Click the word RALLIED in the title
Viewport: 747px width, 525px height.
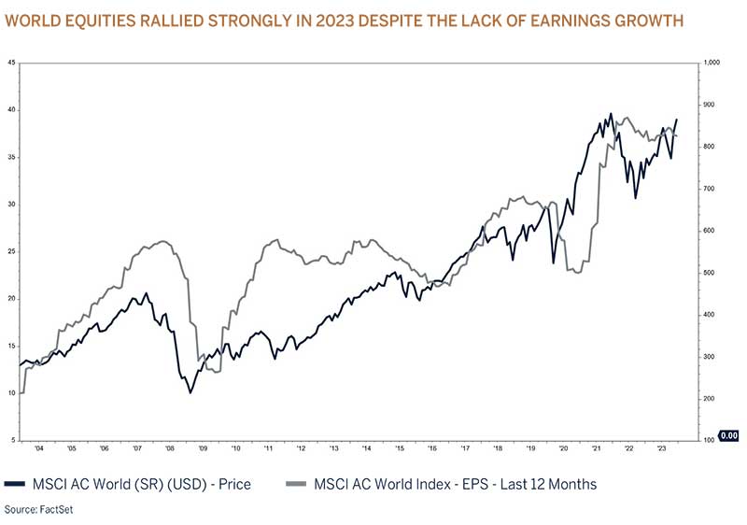coord(192,20)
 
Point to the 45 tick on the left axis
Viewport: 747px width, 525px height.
coord(10,63)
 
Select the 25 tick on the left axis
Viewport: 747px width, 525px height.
coord(10,251)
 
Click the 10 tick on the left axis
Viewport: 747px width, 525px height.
coord(10,393)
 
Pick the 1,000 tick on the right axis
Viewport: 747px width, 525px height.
coord(712,63)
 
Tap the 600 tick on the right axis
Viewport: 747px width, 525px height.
coord(710,231)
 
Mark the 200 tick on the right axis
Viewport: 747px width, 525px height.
coord(710,399)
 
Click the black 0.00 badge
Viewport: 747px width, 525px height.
coord(729,435)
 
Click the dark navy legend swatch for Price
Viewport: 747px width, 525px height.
coord(15,484)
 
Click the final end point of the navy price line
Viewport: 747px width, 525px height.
coord(677,120)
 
